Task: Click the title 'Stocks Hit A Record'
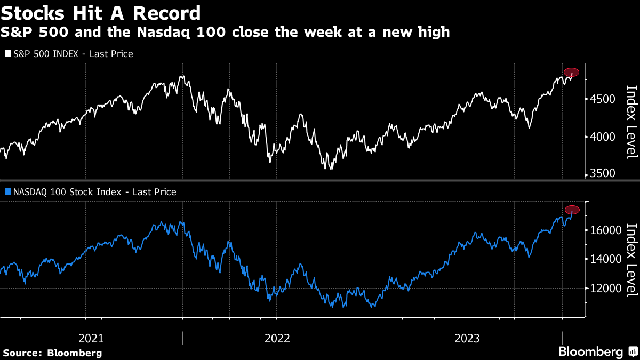pos(101,13)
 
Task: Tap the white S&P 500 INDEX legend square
pos(7,54)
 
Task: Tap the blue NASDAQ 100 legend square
pos(7,192)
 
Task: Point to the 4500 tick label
pos(604,99)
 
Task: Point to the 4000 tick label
pos(604,137)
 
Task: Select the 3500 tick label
pos(604,174)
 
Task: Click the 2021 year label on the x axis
pos(91,338)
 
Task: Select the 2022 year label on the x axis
pos(277,338)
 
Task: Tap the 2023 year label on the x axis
pos(467,338)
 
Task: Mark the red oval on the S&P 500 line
pos(571,72)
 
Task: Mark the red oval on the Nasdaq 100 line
pos(572,210)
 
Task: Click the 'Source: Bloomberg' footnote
pos(52,353)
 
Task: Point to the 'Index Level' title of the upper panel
pos(631,122)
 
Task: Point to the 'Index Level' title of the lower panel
pos(631,260)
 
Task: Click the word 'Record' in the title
pos(170,13)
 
